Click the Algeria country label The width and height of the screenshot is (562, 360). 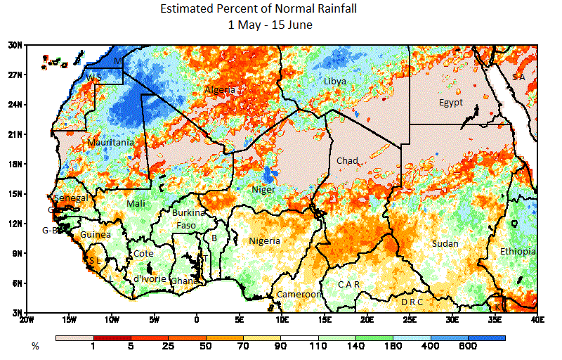(x=220, y=90)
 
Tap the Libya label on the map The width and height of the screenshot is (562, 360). (x=334, y=82)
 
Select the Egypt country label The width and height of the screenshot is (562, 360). (x=450, y=103)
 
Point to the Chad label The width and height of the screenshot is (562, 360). (x=347, y=161)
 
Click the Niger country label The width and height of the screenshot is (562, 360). (x=263, y=190)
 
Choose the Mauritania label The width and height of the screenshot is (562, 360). (x=110, y=143)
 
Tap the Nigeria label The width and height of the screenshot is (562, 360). (x=264, y=241)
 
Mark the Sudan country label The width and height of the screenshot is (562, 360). (x=445, y=243)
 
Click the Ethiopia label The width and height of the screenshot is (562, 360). (x=518, y=252)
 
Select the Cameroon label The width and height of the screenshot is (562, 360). (x=299, y=295)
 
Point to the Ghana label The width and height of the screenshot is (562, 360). (x=185, y=281)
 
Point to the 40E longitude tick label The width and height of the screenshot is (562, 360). (x=537, y=320)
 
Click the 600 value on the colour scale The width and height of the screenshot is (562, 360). (x=468, y=347)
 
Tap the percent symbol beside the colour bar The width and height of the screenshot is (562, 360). (x=34, y=347)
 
